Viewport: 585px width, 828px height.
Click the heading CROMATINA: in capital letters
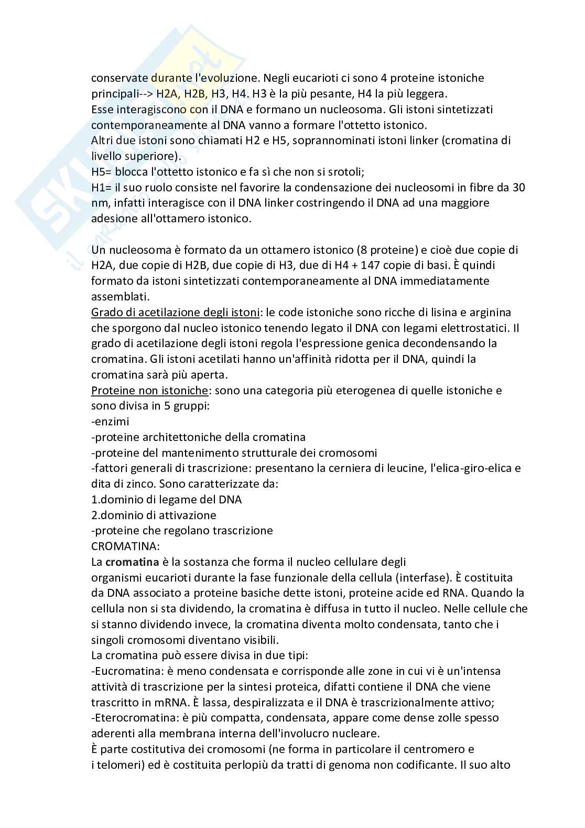125,546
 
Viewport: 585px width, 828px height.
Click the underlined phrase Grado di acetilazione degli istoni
176,313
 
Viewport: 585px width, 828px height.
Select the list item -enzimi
110,421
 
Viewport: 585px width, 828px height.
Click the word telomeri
114,765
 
